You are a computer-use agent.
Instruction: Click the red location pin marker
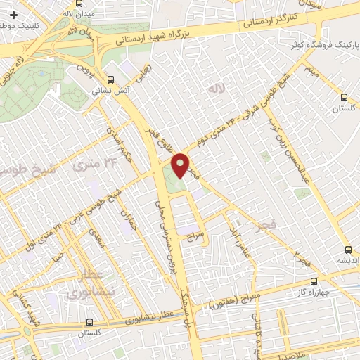point(181,165)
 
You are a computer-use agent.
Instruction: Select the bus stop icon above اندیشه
point(347,250)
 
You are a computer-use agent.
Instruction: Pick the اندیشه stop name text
point(347,261)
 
